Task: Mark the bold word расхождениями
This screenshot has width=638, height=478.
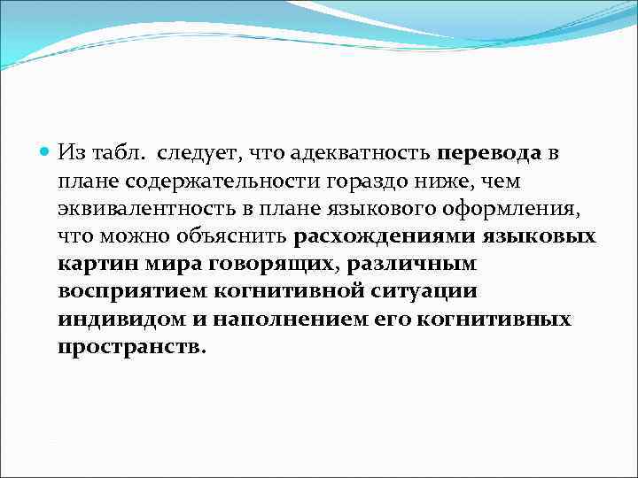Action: point(385,237)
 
